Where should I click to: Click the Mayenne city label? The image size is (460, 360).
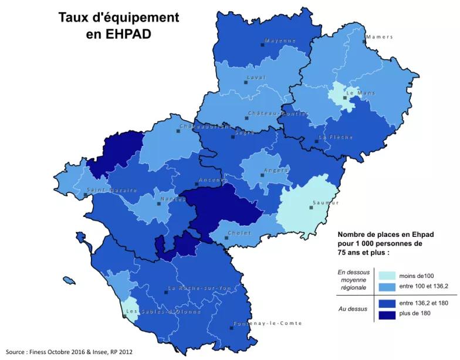point(280,40)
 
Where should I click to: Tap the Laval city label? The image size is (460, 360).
point(256,77)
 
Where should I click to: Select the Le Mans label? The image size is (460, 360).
point(360,93)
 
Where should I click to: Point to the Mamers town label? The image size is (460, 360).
point(379,37)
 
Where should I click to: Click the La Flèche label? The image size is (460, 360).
point(336,137)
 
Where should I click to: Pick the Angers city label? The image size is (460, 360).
point(276,170)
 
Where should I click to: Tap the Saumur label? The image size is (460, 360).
point(326,202)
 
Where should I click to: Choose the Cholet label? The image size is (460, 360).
point(239,233)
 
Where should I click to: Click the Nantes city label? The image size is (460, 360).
point(172,199)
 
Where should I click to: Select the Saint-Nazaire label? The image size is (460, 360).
point(112,190)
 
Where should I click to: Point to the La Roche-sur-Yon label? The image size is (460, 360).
point(199,288)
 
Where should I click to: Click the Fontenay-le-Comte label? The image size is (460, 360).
point(268,323)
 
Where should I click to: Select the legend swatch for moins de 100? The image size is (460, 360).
point(386,276)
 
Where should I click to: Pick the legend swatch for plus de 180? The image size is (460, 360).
point(386,314)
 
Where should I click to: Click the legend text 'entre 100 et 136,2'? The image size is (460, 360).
point(424,286)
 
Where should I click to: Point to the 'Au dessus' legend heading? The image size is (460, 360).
point(352,308)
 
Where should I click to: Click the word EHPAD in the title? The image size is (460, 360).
point(119,34)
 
